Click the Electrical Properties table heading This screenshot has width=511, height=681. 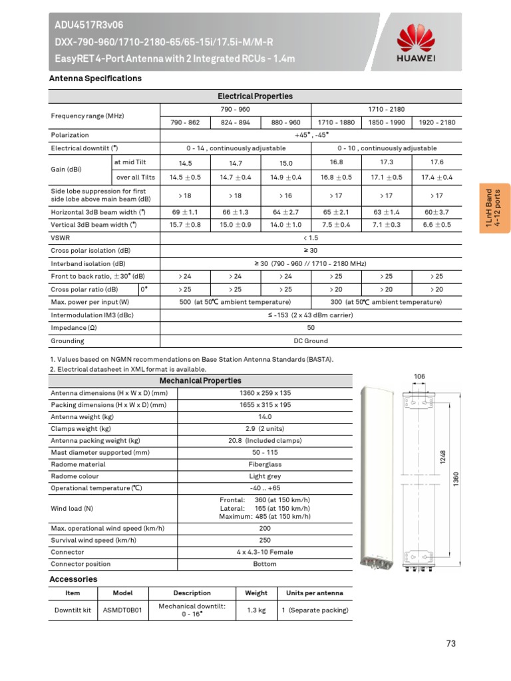click(264, 96)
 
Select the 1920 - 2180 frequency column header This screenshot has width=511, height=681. click(437, 122)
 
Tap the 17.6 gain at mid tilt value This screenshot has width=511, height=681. click(437, 162)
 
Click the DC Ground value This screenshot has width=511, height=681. click(311, 341)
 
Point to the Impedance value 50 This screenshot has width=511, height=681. click(311, 328)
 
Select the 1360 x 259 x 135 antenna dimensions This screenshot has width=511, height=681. click(265, 393)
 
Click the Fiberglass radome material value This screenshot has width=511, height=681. click(265, 464)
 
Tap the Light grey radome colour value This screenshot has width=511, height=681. click(265, 476)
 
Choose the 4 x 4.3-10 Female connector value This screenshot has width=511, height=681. click(265, 552)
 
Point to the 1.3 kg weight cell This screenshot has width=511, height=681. click(256, 610)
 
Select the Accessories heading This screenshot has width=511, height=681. click(73, 579)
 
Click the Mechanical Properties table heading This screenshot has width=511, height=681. click(200, 381)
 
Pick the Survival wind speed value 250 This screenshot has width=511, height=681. click(265, 540)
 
